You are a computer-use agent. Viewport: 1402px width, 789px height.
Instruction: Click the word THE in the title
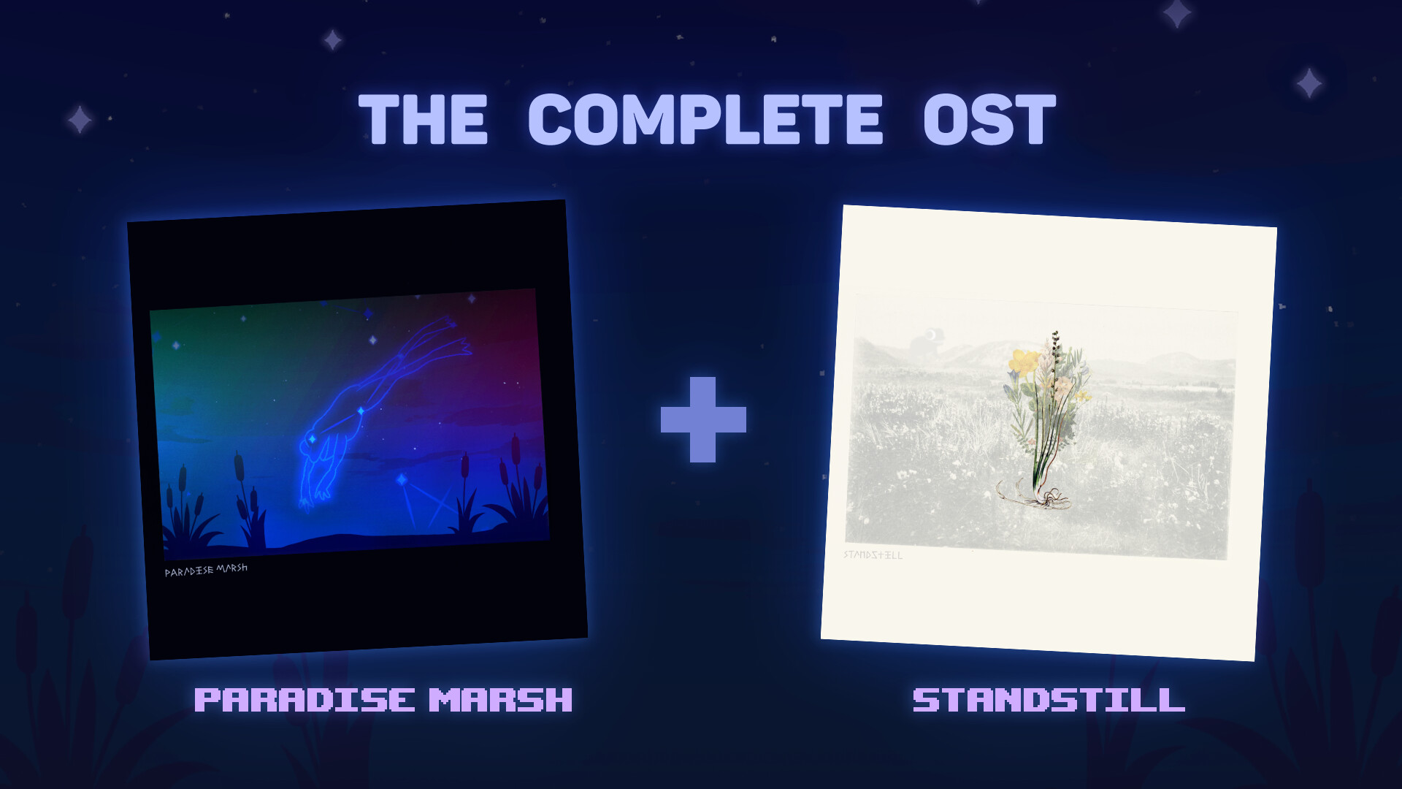423,120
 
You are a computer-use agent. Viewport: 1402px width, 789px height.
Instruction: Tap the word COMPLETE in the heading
705,120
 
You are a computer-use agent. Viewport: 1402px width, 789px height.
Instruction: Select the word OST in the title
989,120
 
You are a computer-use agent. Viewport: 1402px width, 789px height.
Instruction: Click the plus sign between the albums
703,419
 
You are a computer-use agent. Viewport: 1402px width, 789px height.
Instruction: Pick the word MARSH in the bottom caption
500,700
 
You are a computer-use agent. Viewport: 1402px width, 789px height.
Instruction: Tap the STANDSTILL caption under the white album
1049,700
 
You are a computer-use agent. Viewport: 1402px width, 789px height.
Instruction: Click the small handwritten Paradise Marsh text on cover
206,570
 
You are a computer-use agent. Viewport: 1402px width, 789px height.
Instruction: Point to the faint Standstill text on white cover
873,555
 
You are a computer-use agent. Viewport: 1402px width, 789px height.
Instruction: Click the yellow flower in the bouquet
1023,361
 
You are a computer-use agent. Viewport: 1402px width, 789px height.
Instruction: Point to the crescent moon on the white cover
931,335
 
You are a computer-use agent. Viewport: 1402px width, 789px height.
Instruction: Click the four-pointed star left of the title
80,119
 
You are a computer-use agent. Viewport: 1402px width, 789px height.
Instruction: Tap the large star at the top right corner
1177,13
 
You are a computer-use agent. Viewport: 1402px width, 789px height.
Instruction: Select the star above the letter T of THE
333,39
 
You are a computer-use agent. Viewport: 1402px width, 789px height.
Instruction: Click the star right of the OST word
1309,83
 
